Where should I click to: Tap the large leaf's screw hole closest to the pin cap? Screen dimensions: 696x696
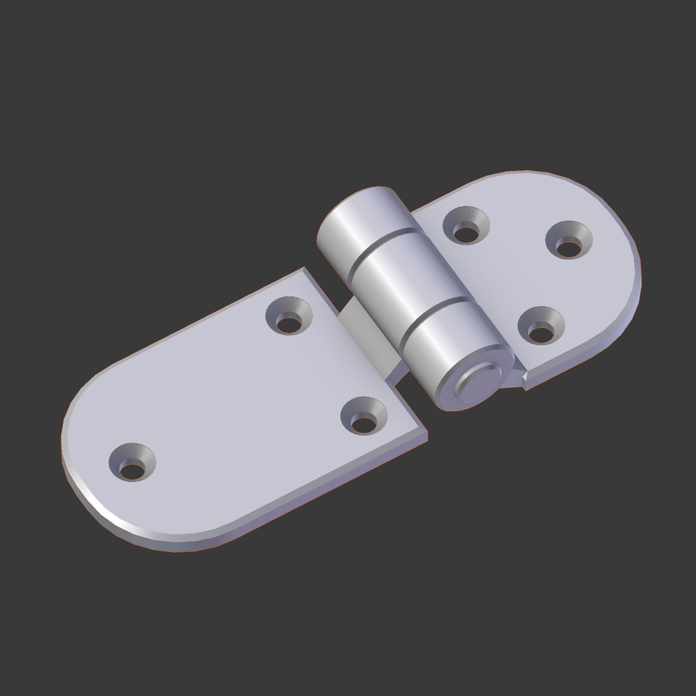[x=364, y=418]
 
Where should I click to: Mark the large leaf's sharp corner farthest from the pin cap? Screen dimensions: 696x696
[x=305, y=268]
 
